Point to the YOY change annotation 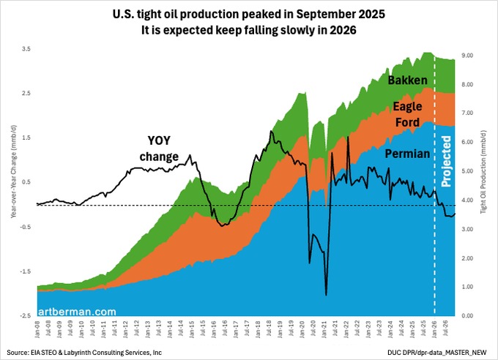[159, 149]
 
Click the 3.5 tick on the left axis [26, 48]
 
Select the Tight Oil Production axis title [489, 182]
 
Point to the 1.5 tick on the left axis [26, 138]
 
